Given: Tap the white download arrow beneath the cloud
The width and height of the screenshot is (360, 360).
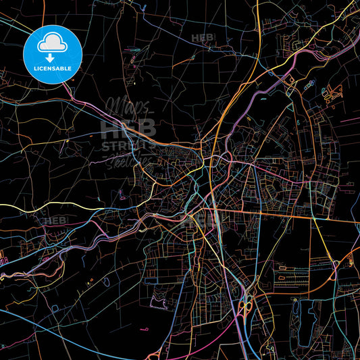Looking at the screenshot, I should point(52,57).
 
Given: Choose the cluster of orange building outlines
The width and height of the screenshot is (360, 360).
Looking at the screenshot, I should point(331,95).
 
